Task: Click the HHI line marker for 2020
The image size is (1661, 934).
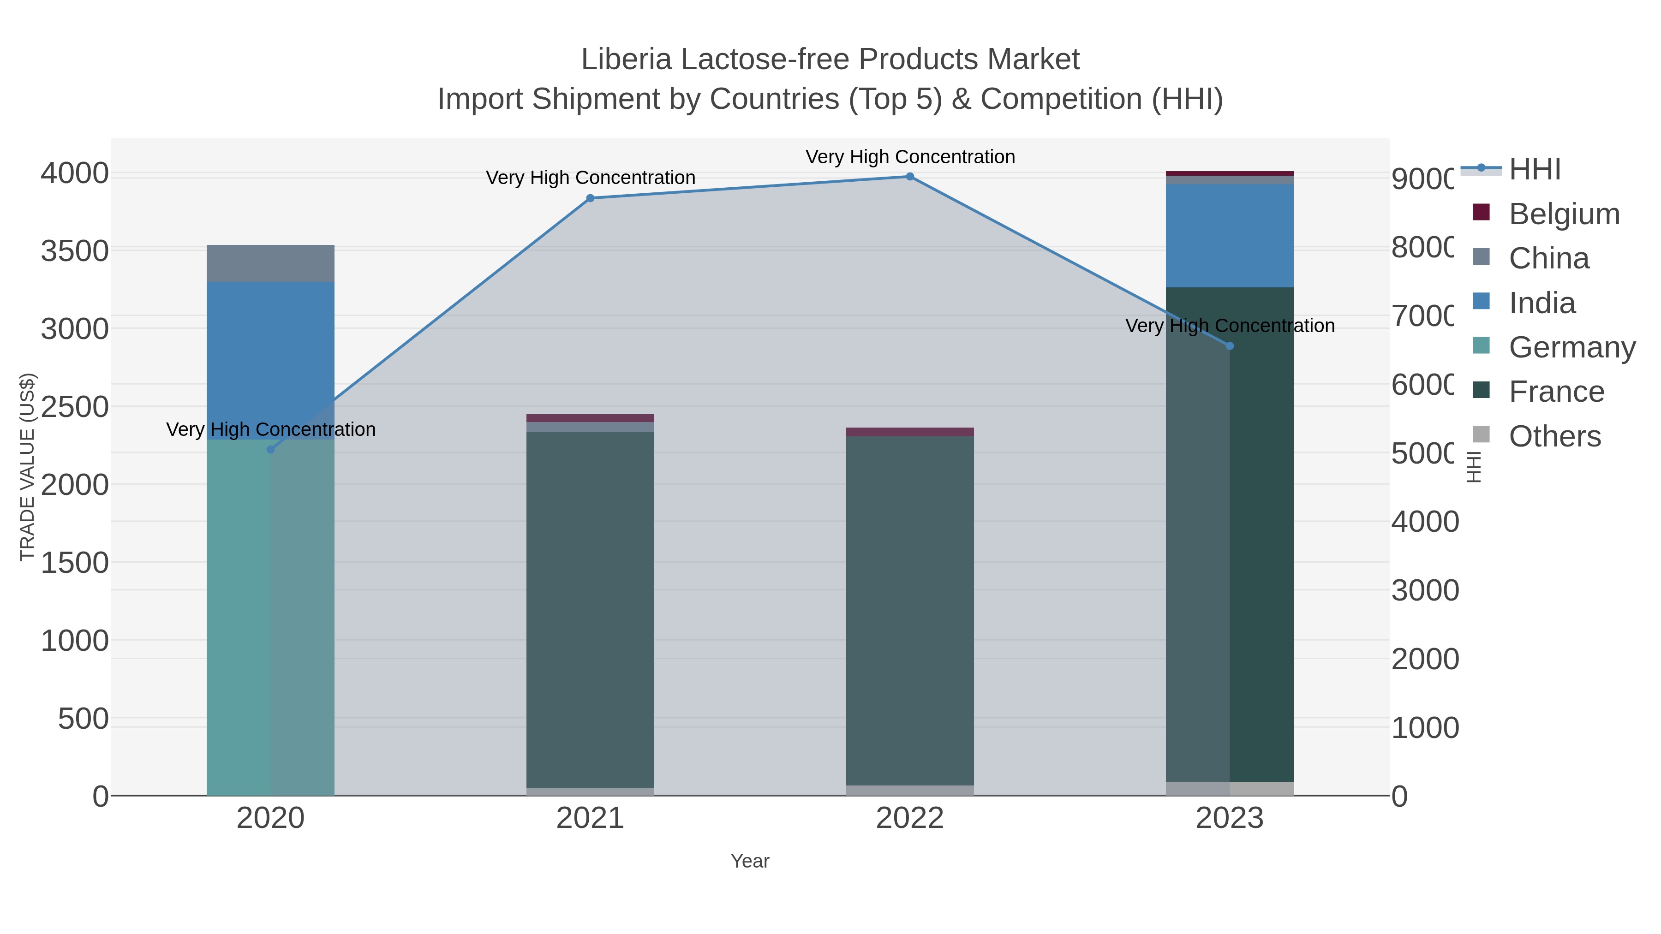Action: coord(271,449)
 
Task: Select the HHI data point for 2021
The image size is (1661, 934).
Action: coord(590,198)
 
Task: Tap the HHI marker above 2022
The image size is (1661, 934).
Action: coord(910,177)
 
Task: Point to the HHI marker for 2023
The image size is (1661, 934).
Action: coord(1230,346)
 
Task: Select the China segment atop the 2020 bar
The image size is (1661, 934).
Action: coord(271,263)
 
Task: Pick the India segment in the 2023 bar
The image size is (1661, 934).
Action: coord(1230,235)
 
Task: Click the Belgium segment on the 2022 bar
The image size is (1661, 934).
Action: coord(910,432)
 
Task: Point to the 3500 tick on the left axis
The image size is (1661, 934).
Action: coord(75,251)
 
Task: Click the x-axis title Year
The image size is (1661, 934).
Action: coord(750,861)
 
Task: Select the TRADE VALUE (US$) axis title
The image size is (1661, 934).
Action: coord(27,467)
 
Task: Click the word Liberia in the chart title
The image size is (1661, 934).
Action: coord(626,59)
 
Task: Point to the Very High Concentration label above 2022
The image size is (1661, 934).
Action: coord(910,157)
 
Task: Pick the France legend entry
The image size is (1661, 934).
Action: coord(1556,392)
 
